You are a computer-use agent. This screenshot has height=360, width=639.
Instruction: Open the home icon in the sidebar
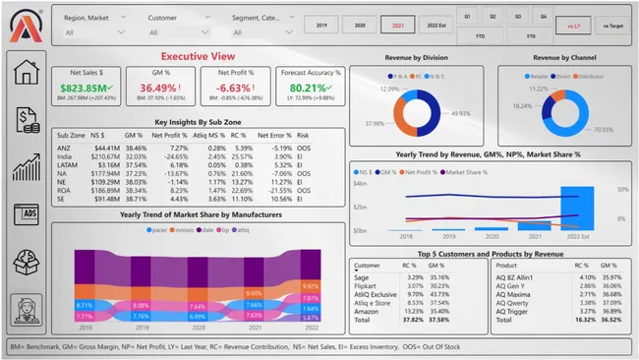coord(25,72)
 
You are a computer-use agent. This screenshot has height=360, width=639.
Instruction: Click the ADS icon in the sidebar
coord(25,213)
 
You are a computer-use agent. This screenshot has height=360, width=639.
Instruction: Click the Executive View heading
coord(198,57)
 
